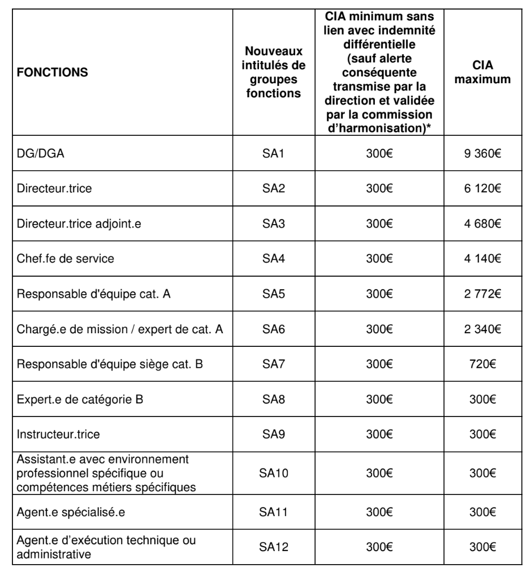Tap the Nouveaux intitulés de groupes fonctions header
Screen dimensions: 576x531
pos(274,73)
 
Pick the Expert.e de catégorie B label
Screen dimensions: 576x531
pos(81,401)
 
